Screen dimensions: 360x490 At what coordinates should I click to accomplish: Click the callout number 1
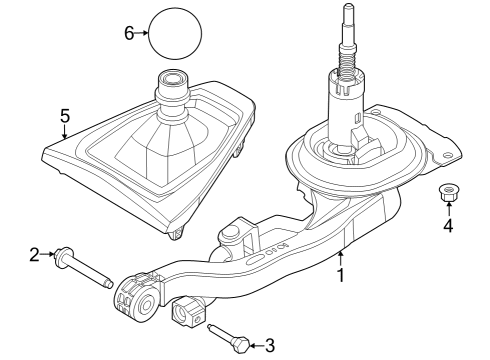point(341,273)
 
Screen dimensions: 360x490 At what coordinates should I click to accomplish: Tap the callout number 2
point(34,256)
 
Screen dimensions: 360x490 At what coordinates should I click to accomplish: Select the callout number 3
point(268,345)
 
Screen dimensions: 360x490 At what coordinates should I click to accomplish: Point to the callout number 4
point(448,226)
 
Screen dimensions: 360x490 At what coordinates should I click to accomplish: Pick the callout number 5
point(64,116)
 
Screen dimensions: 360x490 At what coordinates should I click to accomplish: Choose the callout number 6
point(129,33)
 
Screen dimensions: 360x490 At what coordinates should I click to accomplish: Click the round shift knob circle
point(175,34)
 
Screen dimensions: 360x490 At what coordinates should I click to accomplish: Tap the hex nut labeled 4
point(447,192)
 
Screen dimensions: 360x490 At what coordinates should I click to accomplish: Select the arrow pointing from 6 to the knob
point(142,33)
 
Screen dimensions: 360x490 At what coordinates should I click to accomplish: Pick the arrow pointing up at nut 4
point(448,209)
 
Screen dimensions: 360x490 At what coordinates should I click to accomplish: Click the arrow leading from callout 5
point(64,134)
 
